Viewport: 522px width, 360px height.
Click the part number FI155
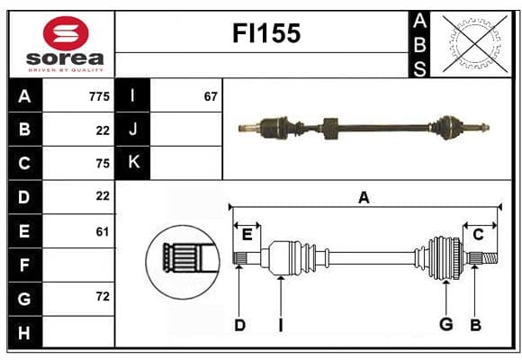tap(266, 33)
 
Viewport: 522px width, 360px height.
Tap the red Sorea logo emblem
tap(66, 33)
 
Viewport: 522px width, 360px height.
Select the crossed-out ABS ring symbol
tap(476, 44)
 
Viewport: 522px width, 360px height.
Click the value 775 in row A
tap(99, 96)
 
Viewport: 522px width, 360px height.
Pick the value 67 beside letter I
tap(211, 96)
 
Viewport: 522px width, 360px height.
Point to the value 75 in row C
tap(103, 164)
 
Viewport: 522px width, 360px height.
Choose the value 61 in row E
tap(103, 231)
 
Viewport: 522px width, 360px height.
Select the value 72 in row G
tap(103, 296)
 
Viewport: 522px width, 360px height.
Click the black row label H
tap(25, 332)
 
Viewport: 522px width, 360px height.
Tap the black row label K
tap(133, 163)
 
